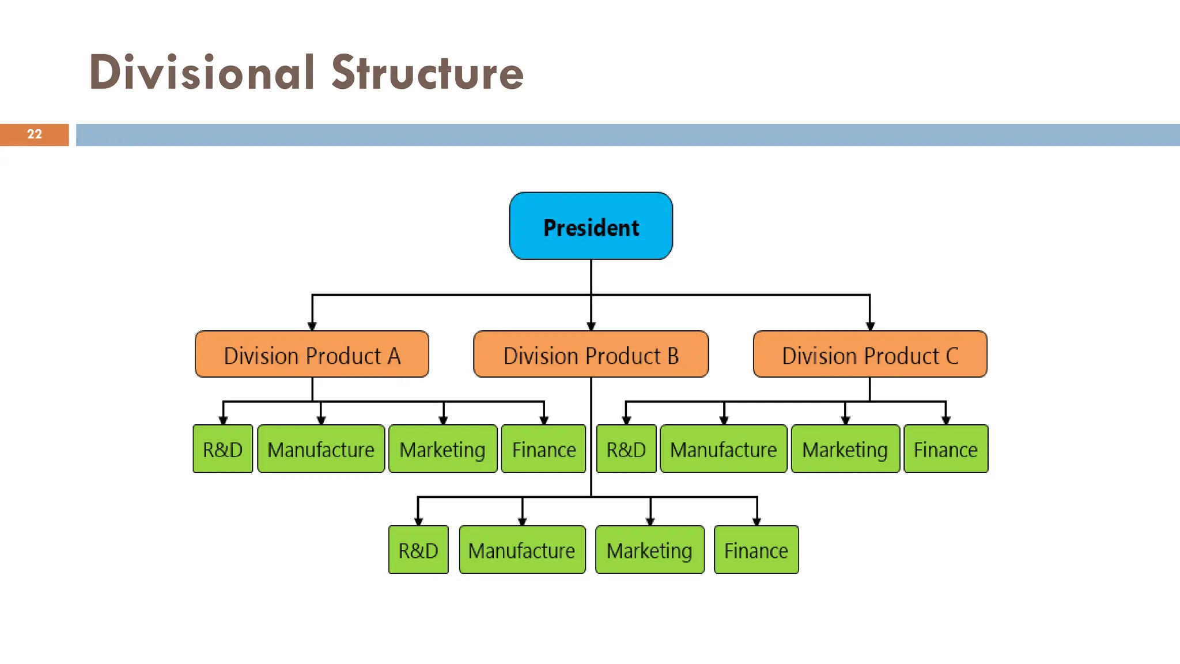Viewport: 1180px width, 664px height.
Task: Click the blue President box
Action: tap(591, 226)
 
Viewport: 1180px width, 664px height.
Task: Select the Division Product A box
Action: tap(312, 354)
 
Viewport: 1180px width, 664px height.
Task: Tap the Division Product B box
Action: tap(591, 354)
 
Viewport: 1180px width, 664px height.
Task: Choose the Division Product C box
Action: tap(870, 354)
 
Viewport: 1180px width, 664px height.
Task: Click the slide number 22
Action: tap(35, 134)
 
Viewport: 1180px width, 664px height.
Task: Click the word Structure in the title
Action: tap(427, 73)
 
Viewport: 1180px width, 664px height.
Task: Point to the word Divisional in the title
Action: tap(202, 73)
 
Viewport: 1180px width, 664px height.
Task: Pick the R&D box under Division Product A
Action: tap(223, 449)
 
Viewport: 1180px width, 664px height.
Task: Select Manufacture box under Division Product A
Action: tap(321, 449)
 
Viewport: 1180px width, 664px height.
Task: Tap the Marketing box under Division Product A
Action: tap(442, 449)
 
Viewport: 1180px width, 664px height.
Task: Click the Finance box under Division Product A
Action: tap(543, 449)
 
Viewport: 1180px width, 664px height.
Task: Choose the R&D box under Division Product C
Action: tap(626, 449)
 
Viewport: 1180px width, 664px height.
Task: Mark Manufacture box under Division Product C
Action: tap(724, 449)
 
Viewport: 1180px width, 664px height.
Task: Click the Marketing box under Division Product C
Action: tap(845, 449)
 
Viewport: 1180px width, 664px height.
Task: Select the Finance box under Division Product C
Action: tap(945, 449)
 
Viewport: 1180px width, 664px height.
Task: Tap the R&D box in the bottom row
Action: tap(418, 550)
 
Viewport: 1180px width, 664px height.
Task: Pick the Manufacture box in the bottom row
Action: tap(522, 550)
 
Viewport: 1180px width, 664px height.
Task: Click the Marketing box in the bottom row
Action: tap(649, 550)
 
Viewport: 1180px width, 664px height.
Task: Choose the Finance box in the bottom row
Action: tap(756, 550)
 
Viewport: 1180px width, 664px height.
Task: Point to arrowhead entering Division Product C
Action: tap(870, 326)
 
